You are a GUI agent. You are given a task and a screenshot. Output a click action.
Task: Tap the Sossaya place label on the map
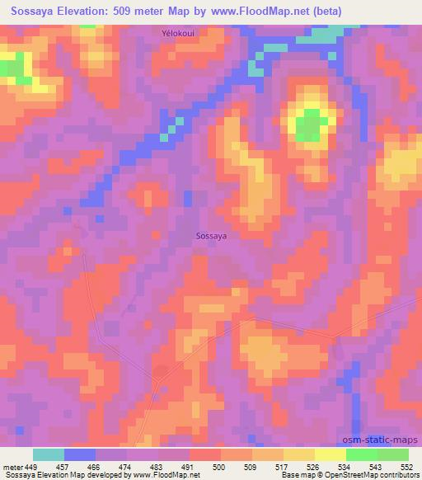point(212,236)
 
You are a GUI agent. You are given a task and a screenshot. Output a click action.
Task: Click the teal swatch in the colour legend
point(49,454)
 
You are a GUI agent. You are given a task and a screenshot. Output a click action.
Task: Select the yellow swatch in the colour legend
point(331,454)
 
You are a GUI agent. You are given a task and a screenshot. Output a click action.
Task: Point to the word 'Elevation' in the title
point(86,11)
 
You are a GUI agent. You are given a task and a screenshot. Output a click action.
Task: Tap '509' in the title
point(135,11)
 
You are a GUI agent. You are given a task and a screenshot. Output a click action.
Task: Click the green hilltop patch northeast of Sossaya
point(307,125)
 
